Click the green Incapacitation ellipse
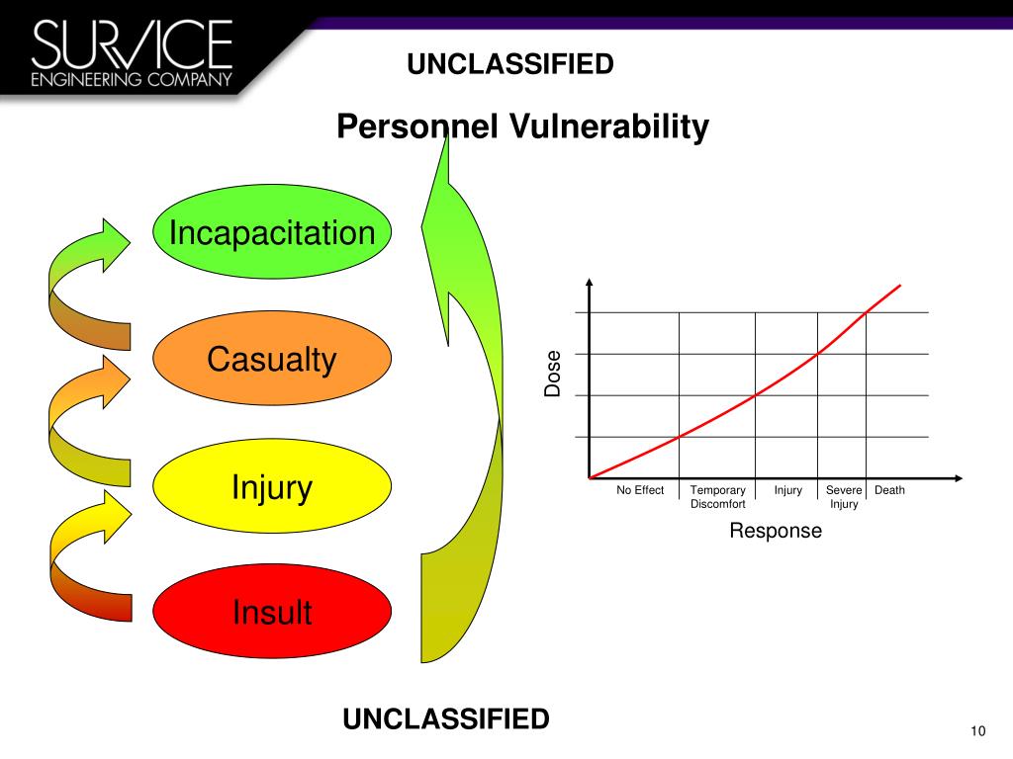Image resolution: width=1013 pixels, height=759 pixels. tap(272, 231)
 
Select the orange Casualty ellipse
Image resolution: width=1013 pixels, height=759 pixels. tap(272, 358)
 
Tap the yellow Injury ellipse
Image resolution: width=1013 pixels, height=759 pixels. tap(272, 486)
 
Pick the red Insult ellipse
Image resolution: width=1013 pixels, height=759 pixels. tap(272, 611)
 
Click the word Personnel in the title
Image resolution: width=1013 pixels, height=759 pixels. tap(417, 126)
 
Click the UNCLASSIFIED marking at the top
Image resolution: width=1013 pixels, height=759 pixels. tap(510, 64)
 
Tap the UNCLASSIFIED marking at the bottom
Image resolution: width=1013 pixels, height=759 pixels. tap(446, 719)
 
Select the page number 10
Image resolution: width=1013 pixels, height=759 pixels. tap(978, 730)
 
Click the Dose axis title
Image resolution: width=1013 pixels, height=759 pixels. tap(552, 373)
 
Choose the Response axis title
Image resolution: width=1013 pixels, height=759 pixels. tap(776, 531)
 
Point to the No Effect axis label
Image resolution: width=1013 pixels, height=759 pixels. tap(640, 490)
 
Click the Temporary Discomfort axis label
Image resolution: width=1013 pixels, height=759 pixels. tap(718, 497)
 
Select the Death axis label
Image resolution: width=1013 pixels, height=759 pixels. tap(889, 490)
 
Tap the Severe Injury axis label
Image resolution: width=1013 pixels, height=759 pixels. tap(844, 497)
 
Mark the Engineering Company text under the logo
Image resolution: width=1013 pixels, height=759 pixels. tap(132, 79)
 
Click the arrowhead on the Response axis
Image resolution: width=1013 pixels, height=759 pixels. tap(959, 478)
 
